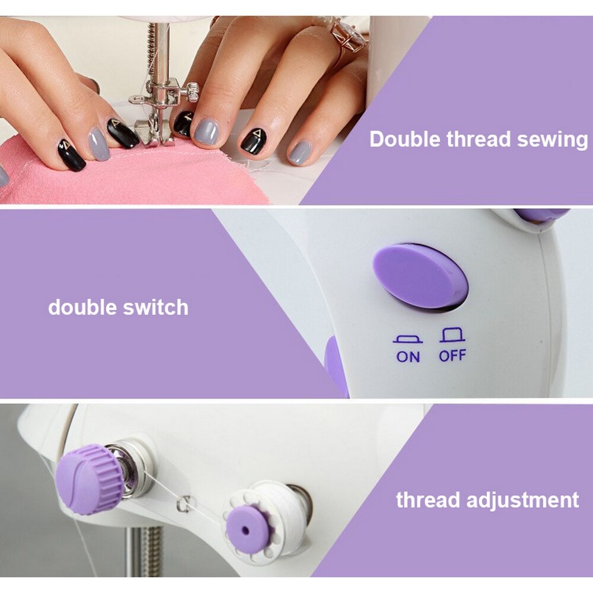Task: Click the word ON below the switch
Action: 407,356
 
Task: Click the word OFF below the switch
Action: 452,356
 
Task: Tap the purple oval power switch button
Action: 420,276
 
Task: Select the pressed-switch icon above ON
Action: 407,340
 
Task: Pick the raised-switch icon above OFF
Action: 452,336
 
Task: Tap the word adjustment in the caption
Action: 522,500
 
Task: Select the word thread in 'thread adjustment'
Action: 428,499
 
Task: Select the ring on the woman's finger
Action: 350,36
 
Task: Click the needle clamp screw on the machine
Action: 191,91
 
